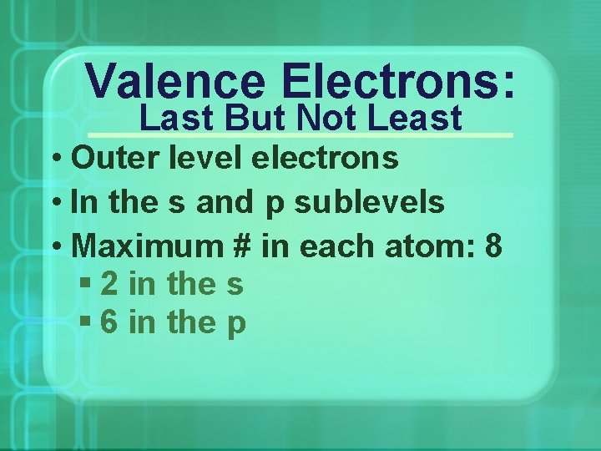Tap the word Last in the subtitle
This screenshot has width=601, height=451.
click(x=171, y=118)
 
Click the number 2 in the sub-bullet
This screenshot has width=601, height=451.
click(x=109, y=286)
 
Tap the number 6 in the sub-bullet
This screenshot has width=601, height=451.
click(x=109, y=323)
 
